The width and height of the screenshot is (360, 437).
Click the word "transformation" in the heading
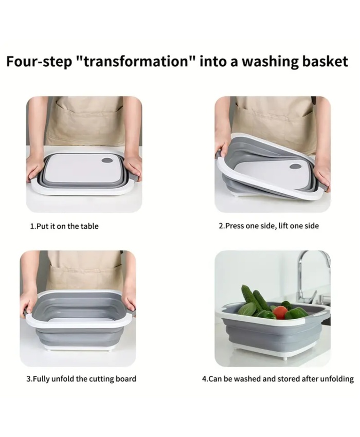136,61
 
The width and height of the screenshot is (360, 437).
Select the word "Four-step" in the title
39,62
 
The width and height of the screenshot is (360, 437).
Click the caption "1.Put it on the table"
64,226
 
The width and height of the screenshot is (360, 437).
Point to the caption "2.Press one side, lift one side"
268,226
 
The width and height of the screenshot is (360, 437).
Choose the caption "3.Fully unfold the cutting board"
81,379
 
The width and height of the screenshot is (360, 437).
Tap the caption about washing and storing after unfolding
278,379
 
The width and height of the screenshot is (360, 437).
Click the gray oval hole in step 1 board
107,161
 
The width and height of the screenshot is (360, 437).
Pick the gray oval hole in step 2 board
295,167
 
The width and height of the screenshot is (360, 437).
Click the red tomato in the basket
280,313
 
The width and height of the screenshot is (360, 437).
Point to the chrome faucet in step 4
310,279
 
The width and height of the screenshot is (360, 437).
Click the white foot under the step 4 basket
285,358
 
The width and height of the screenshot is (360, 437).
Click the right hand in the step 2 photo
322,173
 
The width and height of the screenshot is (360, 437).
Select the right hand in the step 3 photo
129,300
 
